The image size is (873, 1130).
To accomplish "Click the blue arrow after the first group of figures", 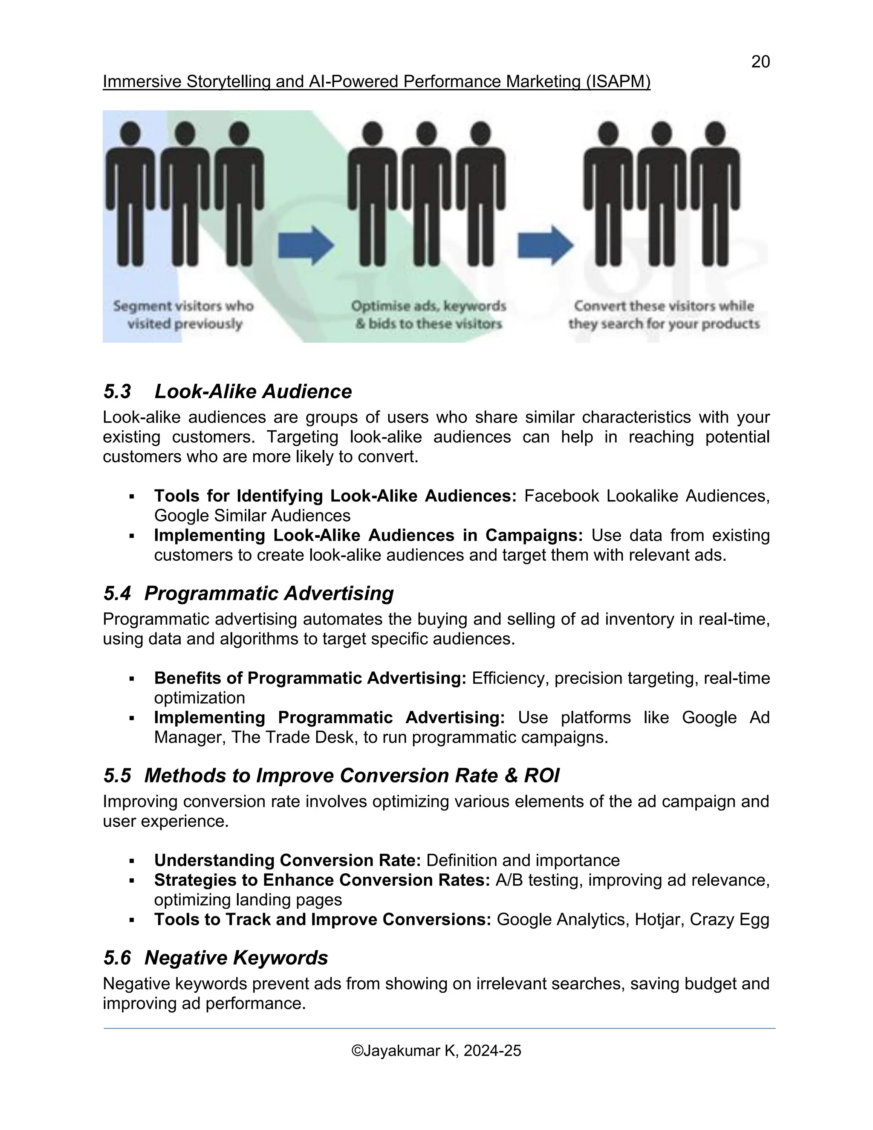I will coord(306,245).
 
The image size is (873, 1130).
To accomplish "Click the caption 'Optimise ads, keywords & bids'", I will coord(429,315).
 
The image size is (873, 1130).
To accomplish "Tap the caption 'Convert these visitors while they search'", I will coord(664,315).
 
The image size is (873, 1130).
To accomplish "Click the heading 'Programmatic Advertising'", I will coord(269,594).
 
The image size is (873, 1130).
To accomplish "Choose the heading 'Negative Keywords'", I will coord(236,958).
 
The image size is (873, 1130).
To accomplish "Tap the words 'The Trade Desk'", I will coord(293,737).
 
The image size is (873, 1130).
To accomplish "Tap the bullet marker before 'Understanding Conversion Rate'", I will coord(132,861).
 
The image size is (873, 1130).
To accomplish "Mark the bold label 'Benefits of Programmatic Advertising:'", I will coord(310,678).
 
